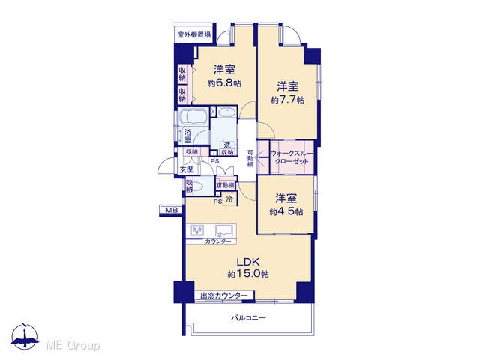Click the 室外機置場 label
pyautogui.click(x=194, y=34)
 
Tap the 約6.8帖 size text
pyautogui.click(x=224, y=83)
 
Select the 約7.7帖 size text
pyautogui.click(x=288, y=100)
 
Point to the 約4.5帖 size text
pyautogui.click(x=286, y=211)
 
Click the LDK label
pyautogui.click(x=248, y=262)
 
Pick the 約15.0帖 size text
pyautogui.click(x=248, y=274)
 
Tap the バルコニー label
pyautogui.click(x=248, y=318)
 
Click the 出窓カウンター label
pyautogui.click(x=224, y=295)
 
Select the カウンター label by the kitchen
pyautogui.click(x=218, y=241)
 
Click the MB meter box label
pyautogui.click(x=171, y=210)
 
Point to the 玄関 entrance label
pyautogui.click(x=187, y=169)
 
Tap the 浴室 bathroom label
pyautogui.click(x=187, y=136)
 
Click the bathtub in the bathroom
pyautogui.click(x=193, y=117)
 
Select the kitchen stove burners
pyautogui.click(x=197, y=230)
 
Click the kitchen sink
pyautogui.click(x=226, y=230)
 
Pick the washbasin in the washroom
pyautogui.click(x=226, y=112)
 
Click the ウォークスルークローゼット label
pyautogui.click(x=292, y=157)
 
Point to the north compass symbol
pyautogui.click(x=25, y=335)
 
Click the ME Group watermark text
pyautogui.click(x=73, y=346)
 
